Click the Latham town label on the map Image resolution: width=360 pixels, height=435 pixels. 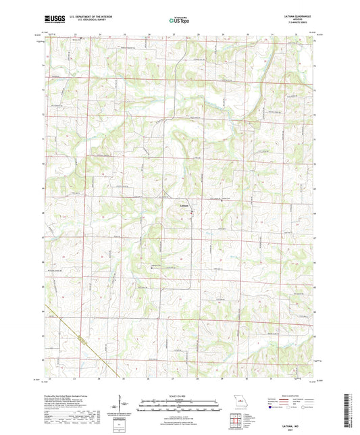tap(184, 205)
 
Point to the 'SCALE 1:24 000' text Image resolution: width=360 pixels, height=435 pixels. tap(180, 396)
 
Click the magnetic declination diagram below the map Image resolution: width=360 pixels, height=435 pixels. tap(123, 408)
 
